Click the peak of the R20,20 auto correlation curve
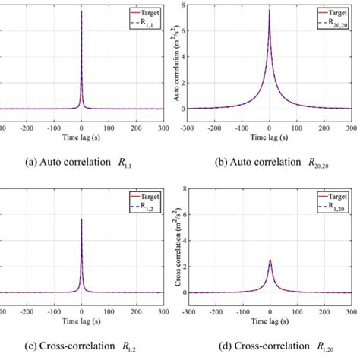click(x=269, y=11)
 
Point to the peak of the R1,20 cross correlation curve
click(x=269, y=260)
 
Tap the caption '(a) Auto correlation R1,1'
click(x=81, y=161)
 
